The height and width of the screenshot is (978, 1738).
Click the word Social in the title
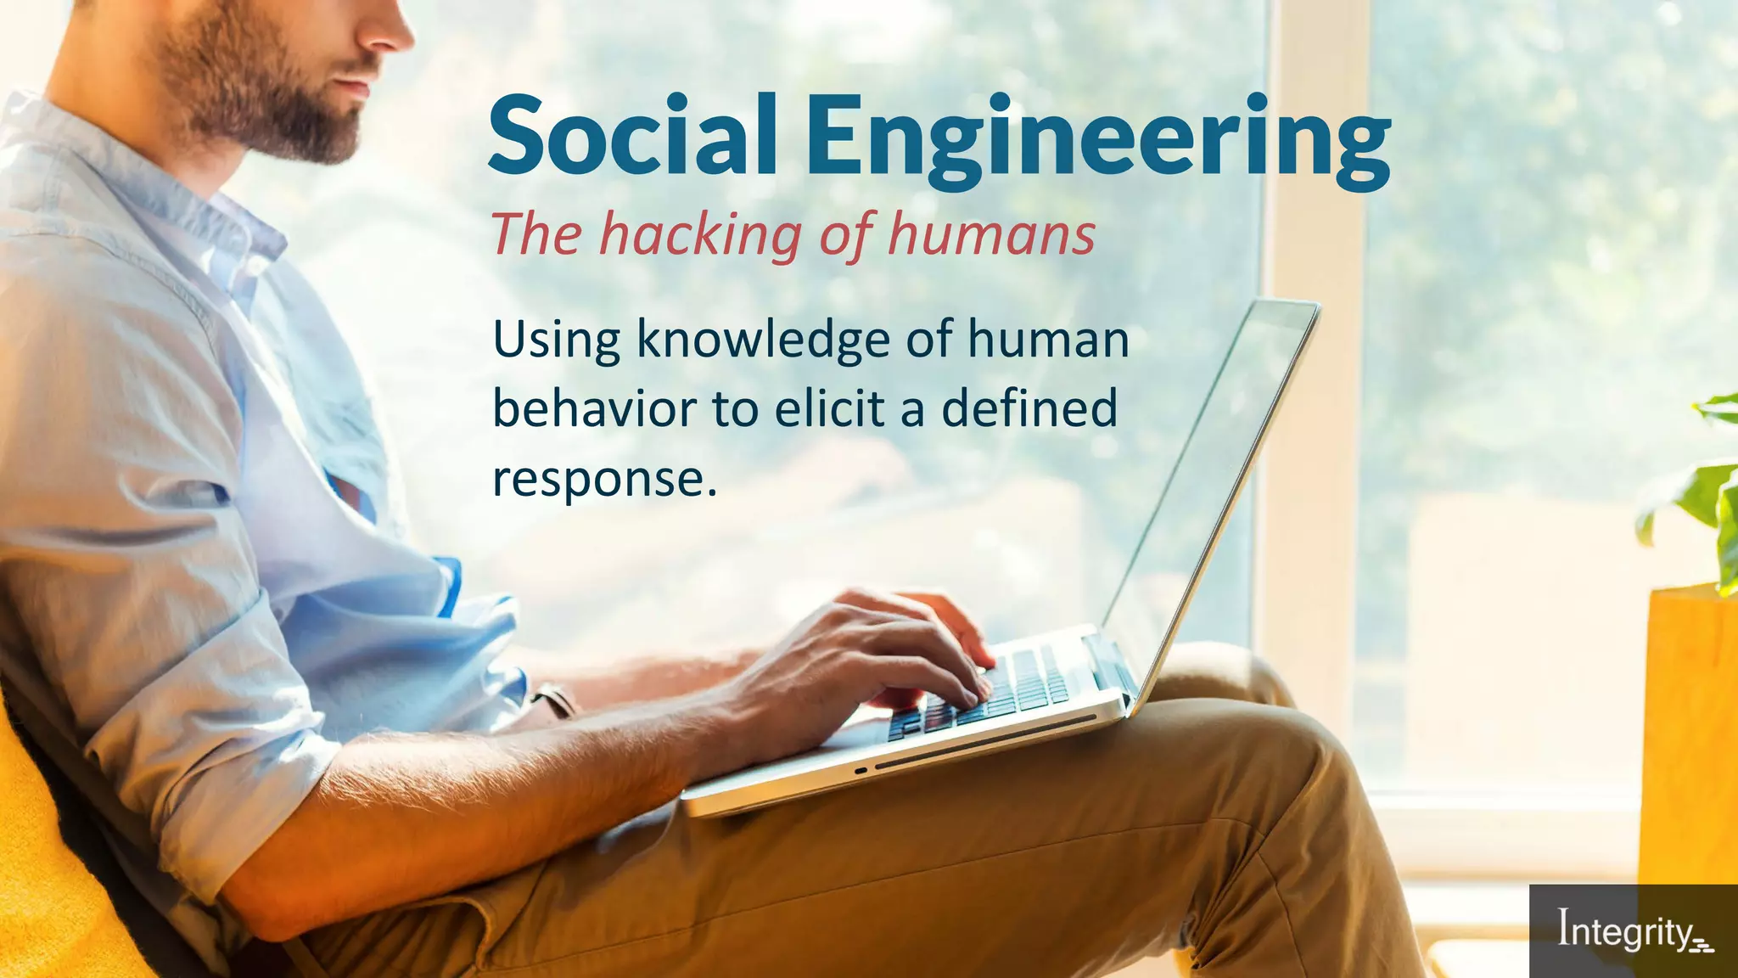(x=632, y=136)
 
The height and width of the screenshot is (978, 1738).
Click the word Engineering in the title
(x=1097, y=140)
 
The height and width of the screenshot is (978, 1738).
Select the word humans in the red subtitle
(x=991, y=234)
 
